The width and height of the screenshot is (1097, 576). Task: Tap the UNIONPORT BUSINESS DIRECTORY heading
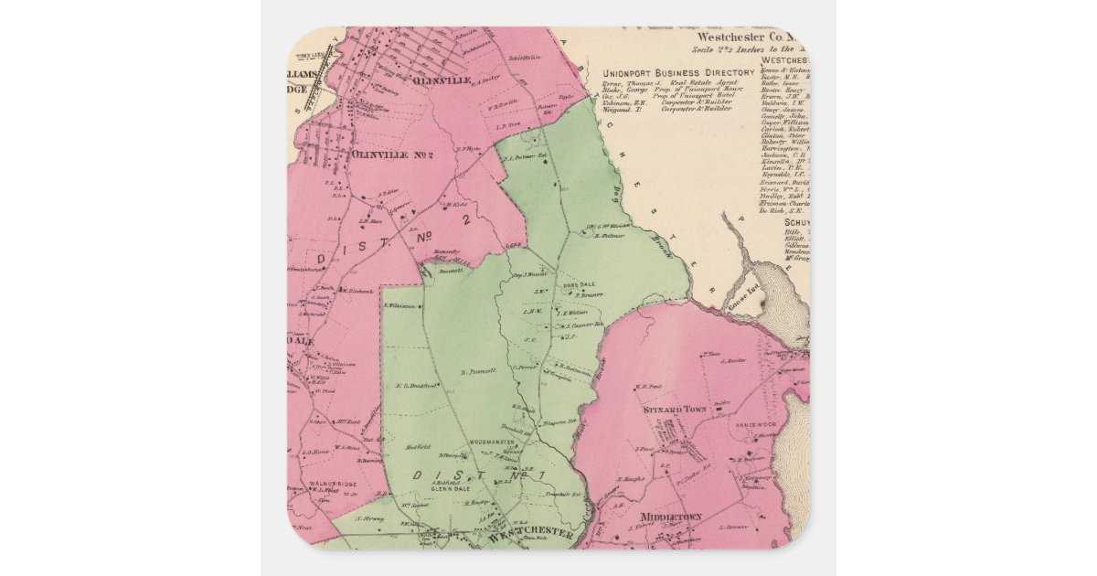[x=679, y=72]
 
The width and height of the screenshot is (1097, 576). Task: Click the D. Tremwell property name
[x=477, y=371]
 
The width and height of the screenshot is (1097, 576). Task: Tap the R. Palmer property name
[x=609, y=236]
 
